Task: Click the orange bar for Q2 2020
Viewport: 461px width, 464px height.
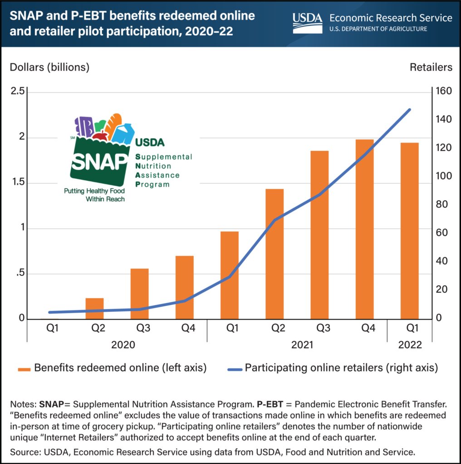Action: (x=94, y=309)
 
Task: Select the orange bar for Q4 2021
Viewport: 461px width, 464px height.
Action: (x=364, y=229)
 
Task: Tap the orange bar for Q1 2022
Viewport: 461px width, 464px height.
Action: (x=409, y=231)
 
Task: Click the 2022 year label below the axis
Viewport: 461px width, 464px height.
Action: (x=409, y=345)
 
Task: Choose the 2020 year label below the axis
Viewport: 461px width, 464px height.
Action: (x=123, y=345)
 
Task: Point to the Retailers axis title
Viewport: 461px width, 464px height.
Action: (x=431, y=67)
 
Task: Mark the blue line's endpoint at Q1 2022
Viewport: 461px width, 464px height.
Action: (x=409, y=110)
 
